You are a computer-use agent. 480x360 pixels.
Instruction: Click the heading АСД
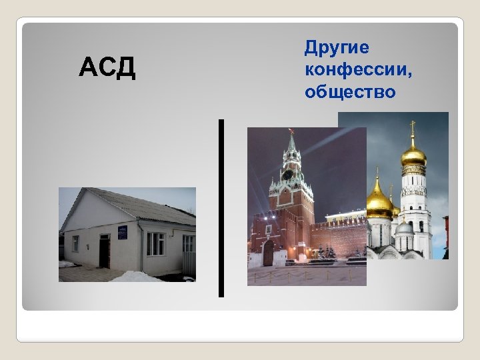(x=107, y=68)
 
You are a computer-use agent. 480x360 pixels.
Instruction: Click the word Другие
(x=337, y=48)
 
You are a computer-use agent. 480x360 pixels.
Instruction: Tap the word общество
(x=350, y=91)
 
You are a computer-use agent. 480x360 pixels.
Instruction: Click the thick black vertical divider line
(x=221, y=207)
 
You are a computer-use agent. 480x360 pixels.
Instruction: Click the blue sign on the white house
(x=121, y=232)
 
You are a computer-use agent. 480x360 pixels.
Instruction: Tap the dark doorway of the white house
(x=104, y=252)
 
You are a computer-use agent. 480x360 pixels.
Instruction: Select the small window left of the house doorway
(x=75, y=243)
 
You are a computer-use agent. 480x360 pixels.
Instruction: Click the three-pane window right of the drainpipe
(x=155, y=244)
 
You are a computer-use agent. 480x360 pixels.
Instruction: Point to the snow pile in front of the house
(x=137, y=276)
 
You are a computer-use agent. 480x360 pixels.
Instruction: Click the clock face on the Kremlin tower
(x=288, y=175)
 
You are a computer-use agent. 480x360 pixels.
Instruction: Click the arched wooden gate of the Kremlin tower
(x=268, y=254)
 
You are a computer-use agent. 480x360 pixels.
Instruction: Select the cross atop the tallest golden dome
(x=413, y=126)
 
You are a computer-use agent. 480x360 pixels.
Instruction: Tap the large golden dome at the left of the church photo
(x=378, y=204)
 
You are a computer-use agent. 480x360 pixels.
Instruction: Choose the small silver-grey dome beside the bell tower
(x=404, y=227)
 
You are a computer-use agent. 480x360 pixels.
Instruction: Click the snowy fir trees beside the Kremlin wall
(x=327, y=251)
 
